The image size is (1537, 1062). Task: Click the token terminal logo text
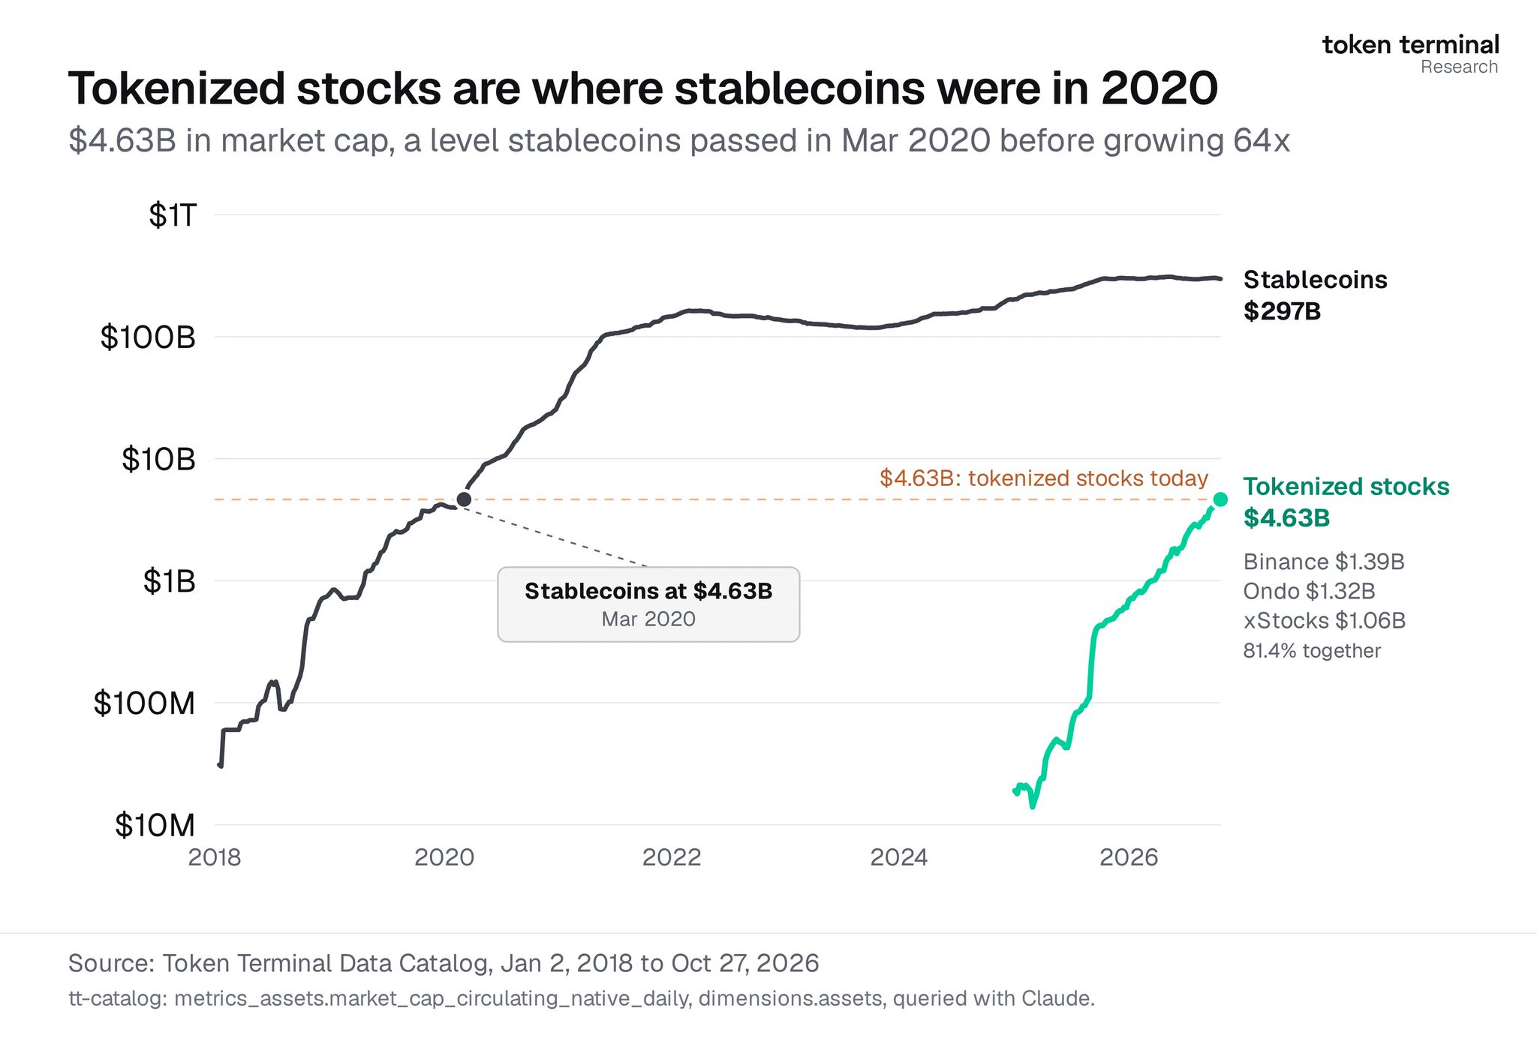pos(1411,45)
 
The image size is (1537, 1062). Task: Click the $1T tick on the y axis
pos(173,215)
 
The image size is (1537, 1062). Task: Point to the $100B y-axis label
pos(148,337)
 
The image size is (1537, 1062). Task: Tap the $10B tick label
pos(158,459)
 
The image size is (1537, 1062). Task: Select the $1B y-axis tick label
pos(170,581)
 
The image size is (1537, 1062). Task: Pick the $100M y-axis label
pos(144,703)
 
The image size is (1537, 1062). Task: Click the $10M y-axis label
pos(155,825)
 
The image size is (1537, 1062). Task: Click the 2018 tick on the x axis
pos(215,857)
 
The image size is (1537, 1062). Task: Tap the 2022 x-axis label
pos(672,857)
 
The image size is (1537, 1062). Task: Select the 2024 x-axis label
pos(899,857)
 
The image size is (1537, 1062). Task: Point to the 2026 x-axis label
pos(1129,857)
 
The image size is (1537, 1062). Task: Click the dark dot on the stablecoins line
pos(464,499)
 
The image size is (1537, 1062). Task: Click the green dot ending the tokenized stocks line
pos(1220,499)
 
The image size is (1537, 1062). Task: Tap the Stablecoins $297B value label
pos(1282,311)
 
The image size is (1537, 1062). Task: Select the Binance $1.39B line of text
pos(1324,562)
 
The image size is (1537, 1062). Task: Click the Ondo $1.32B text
pos(1310,591)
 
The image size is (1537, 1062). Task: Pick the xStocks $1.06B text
pos(1325,621)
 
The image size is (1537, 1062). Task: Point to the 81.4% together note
pos(1312,651)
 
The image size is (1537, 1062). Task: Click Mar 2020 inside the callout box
pos(648,619)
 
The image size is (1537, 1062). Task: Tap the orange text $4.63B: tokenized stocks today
pos(1044,478)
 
